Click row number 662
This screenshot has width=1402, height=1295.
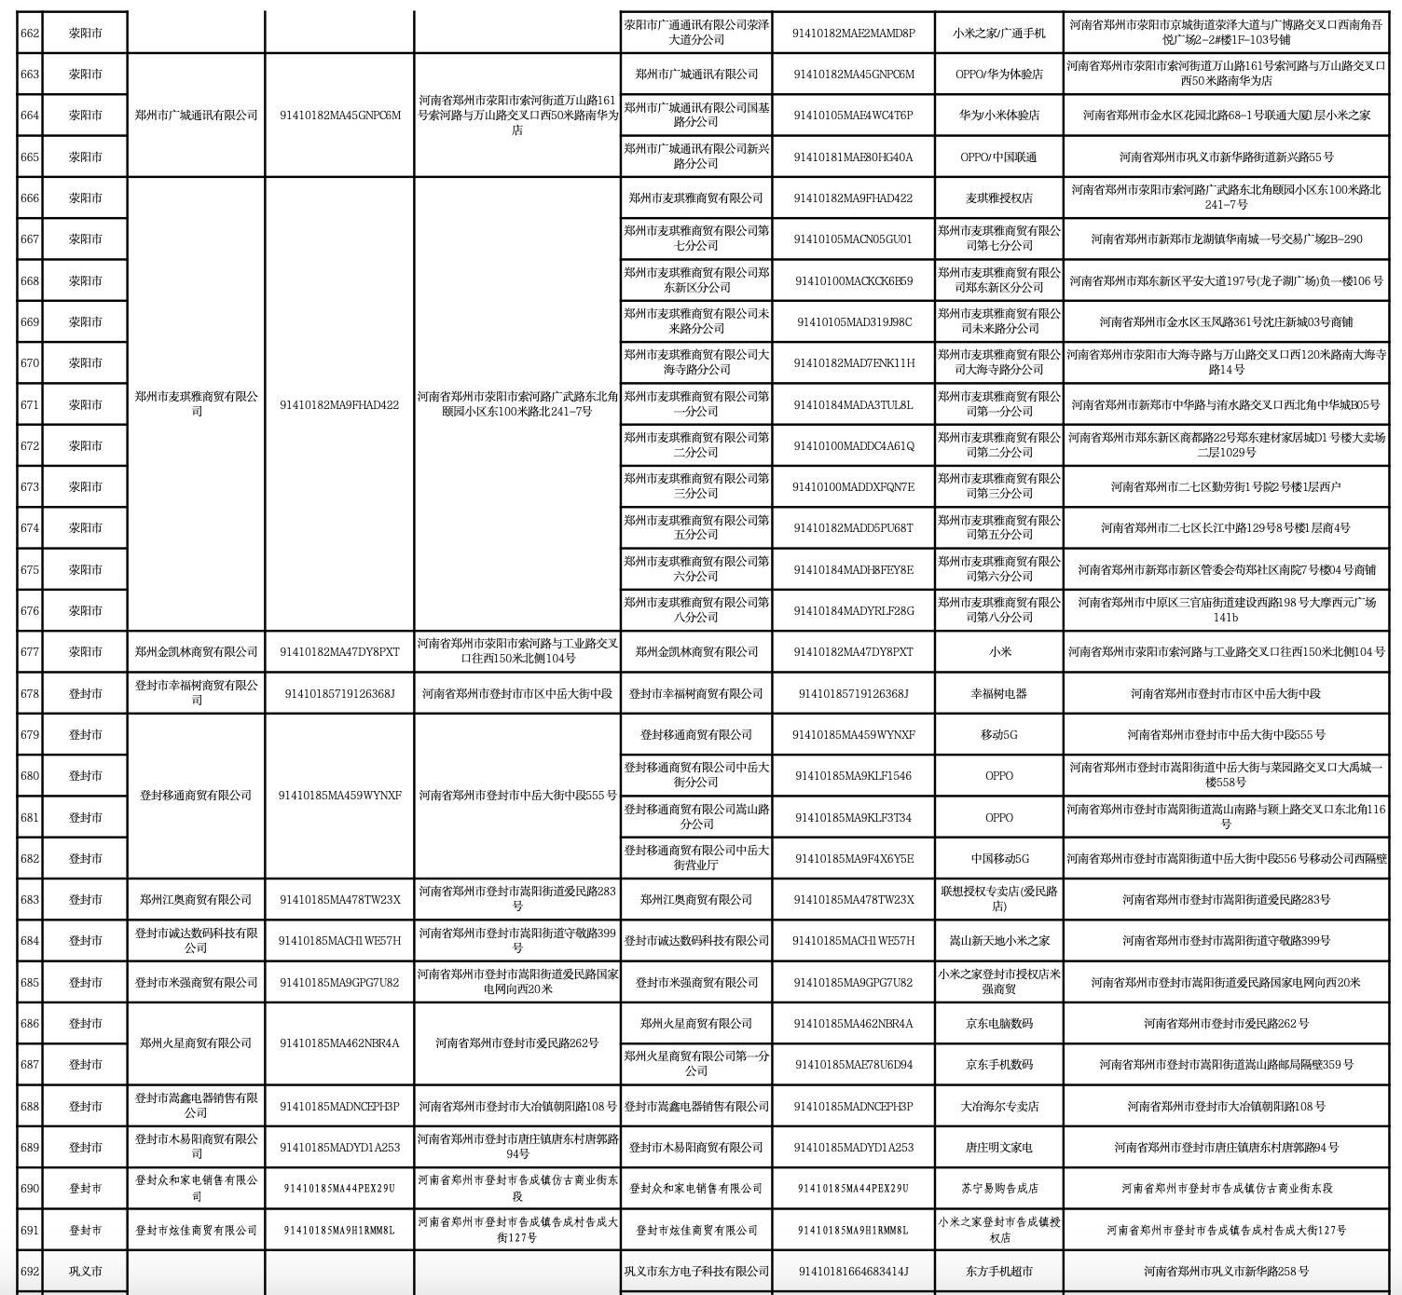(x=30, y=33)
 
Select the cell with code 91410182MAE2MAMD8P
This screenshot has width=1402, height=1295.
(x=853, y=33)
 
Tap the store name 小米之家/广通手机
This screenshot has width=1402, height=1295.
(x=998, y=33)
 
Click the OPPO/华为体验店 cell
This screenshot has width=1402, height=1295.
(x=998, y=74)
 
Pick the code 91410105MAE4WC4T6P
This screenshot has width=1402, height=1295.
(x=853, y=116)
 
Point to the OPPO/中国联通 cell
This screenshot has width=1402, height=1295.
(x=998, y=157)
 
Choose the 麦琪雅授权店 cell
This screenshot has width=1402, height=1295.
(x=998, y=198)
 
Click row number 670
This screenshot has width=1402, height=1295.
(x=30, y=363)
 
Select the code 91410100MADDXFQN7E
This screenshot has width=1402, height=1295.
(x=853, y=486)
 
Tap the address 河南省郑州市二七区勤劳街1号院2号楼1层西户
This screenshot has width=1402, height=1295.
(x=1226, y=486)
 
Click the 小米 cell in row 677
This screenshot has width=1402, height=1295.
(x=998, y=652)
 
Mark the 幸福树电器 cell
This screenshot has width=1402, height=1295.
(x=998, y=693)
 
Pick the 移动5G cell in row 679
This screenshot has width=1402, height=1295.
(x=998, y=734)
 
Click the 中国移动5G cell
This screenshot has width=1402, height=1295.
(x=998, y=858)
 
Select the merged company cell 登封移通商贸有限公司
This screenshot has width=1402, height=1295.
(x=196, y=796)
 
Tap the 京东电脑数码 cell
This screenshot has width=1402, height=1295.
(x=998, y=1023)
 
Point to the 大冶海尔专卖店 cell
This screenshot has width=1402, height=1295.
(x=998, y=1106)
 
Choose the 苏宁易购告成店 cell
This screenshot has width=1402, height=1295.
(x=998, y=1188)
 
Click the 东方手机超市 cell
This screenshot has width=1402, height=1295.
(x=998, y=1271)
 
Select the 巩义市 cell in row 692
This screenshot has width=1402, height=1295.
(x=85, y=1271)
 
